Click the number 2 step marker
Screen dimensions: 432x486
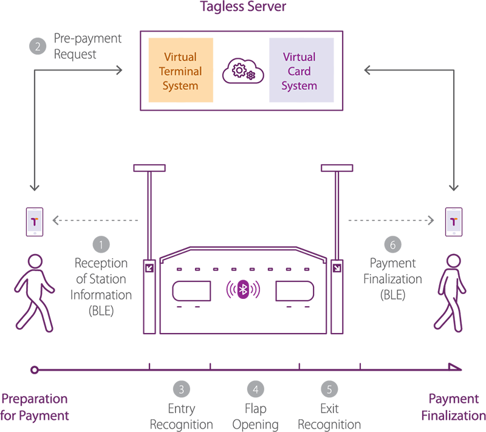[38, 47]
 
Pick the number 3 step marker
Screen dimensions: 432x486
[181, 389]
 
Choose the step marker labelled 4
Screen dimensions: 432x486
[255, 389]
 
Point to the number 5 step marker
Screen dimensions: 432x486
[329, 389]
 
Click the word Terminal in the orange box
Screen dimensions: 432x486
[180, 71]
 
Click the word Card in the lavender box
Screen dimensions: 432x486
[299, 71]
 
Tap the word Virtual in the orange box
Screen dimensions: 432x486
[180, 57]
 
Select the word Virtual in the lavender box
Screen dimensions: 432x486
[299, 57]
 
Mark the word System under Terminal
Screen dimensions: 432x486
[180, 86]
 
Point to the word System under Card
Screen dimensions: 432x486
[299, 86]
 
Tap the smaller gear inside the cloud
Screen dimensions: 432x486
[250, 76]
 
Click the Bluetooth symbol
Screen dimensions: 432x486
[242, 290]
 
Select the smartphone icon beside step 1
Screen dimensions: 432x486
[34, 222]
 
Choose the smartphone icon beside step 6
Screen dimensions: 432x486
[453, 222]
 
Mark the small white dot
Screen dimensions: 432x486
[35, 369]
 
